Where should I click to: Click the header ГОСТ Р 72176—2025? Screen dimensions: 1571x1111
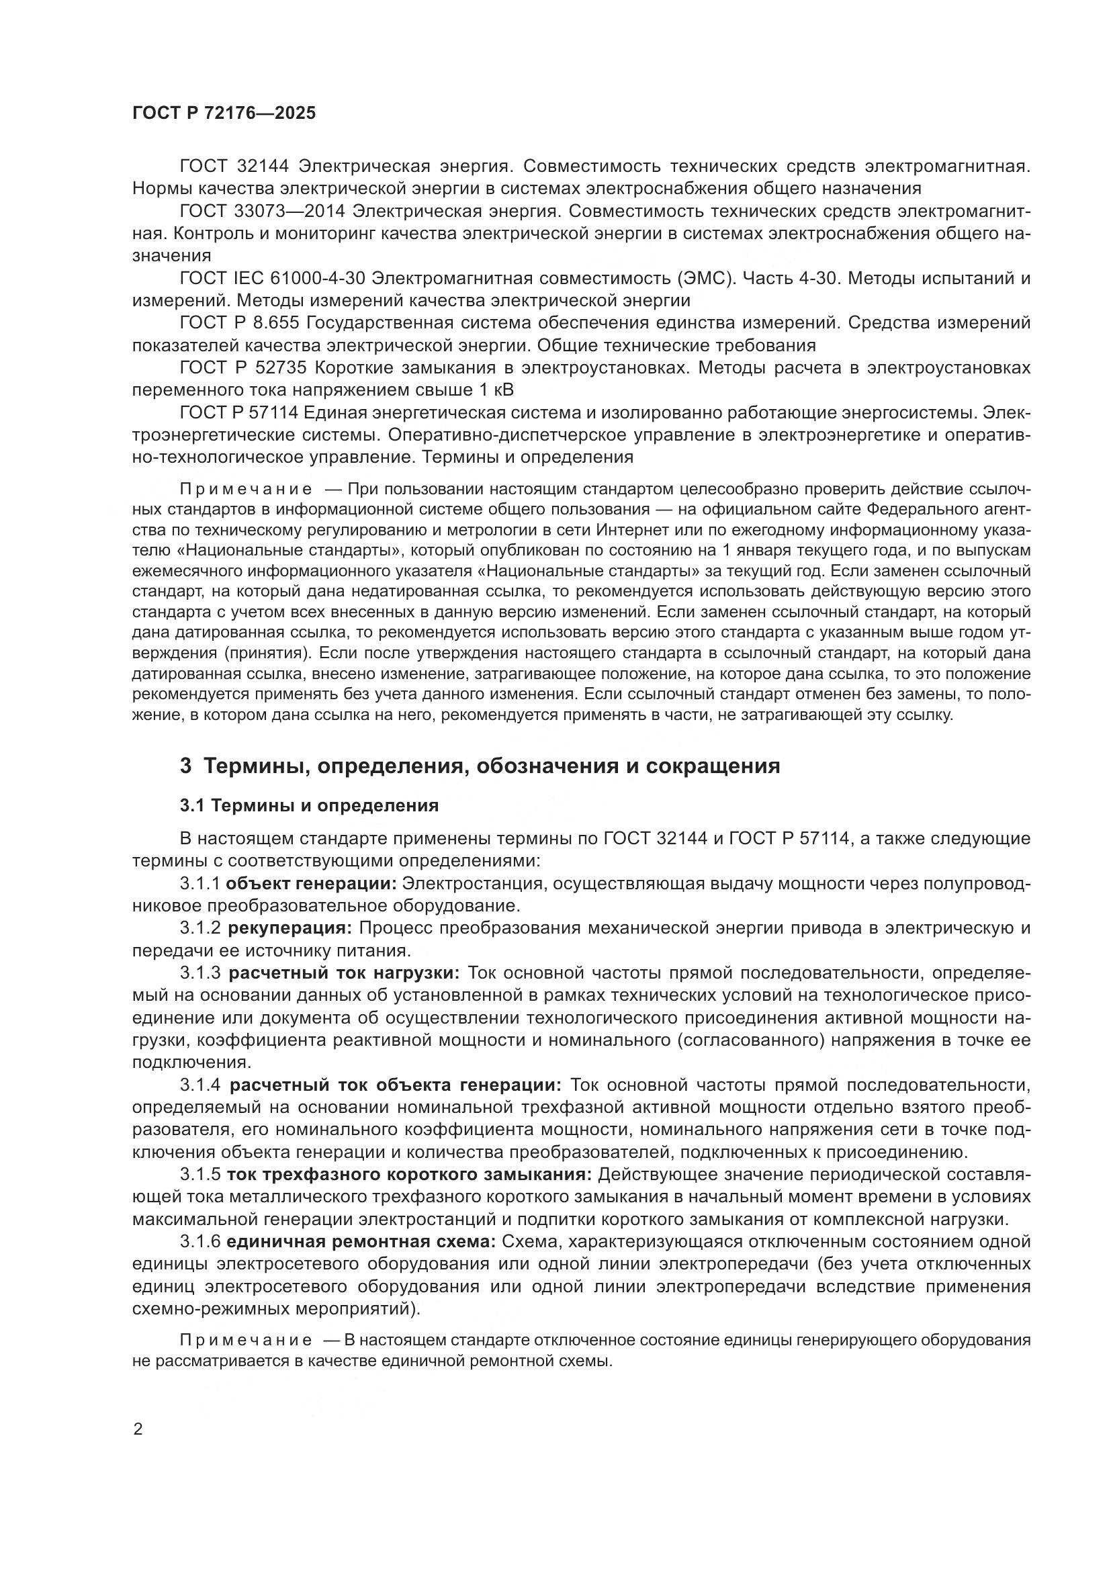click(x=224, y=114)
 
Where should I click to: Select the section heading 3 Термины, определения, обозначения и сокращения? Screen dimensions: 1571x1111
click(x=480, y=766)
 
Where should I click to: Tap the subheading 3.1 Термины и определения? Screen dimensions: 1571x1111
click(x=309, y=806)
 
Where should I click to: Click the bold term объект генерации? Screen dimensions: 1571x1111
click(x=311, y=883)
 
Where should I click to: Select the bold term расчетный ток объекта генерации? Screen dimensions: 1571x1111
click(x=395, y=1085)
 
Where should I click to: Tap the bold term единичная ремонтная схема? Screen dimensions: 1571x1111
click(x=363, y=1242)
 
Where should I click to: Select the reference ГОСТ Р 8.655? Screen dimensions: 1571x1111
click(x=239, y=323)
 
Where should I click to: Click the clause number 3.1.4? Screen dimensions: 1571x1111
click(x=199, y=1085)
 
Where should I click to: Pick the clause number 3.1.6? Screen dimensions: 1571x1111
click(x=199, y=1242)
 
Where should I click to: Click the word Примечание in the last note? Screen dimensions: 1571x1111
click(x=246, y=1340)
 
